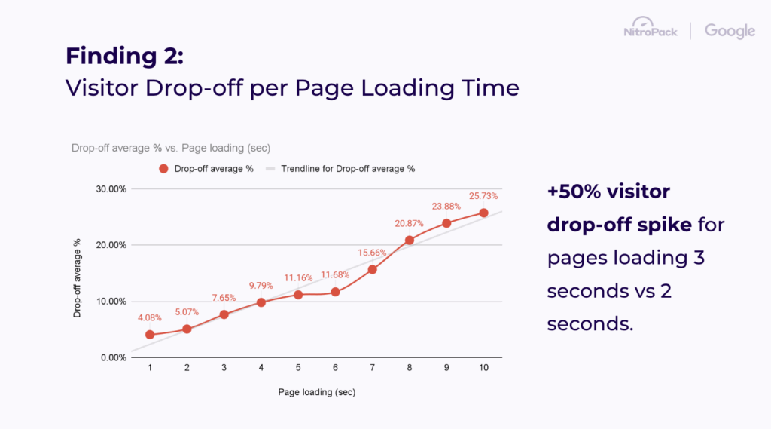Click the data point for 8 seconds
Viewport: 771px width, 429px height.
point(410,241)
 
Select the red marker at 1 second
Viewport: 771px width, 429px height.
point(150,335)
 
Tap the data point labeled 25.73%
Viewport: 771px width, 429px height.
point(483,213)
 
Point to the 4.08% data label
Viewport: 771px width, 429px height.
point(150,317)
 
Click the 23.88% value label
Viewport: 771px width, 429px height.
point(446,206)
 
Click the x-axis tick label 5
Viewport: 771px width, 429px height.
point(298,367)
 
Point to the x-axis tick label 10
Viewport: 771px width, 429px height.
point(483,367)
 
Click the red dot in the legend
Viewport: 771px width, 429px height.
point(163,169)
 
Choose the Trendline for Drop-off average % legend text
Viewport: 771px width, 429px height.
point(348,169)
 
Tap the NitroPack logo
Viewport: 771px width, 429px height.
point(651,30)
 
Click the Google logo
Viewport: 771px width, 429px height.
point(730,31)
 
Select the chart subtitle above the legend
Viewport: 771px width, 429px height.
point(170,147)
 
